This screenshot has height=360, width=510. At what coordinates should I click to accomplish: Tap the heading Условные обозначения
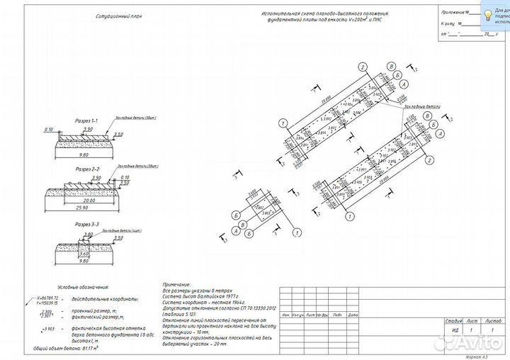pos(83,288)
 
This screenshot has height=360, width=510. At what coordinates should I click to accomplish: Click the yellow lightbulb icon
pos(489,14)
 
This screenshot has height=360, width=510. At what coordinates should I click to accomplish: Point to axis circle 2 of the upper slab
pos(362,67)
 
